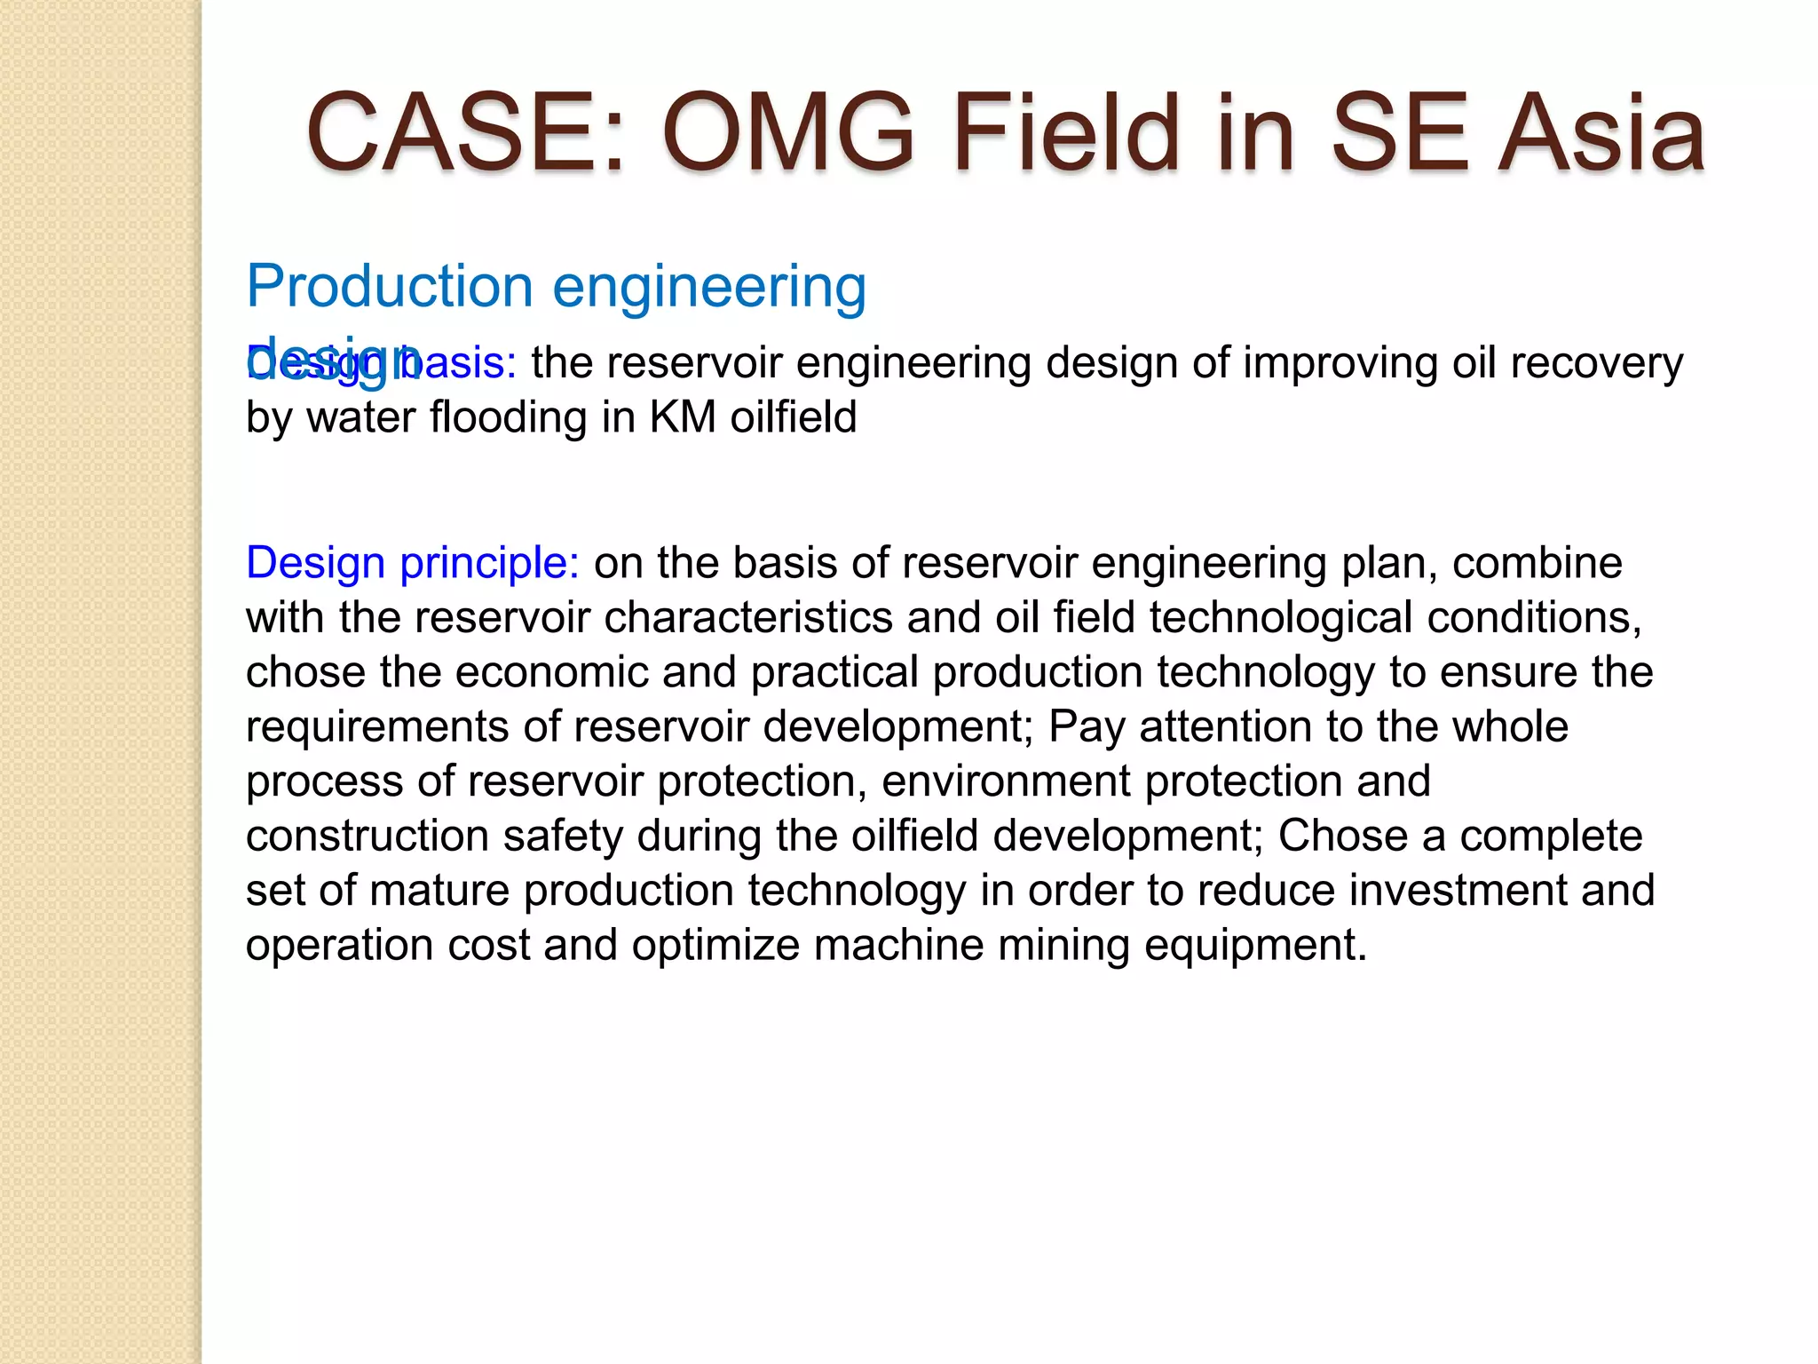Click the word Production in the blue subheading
[x=389, y=287]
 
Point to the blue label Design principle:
[x=413, y=563]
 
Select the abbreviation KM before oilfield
[x=683, y=417]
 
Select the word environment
[x=1006, y=781]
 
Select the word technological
[x=1281, y=617]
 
